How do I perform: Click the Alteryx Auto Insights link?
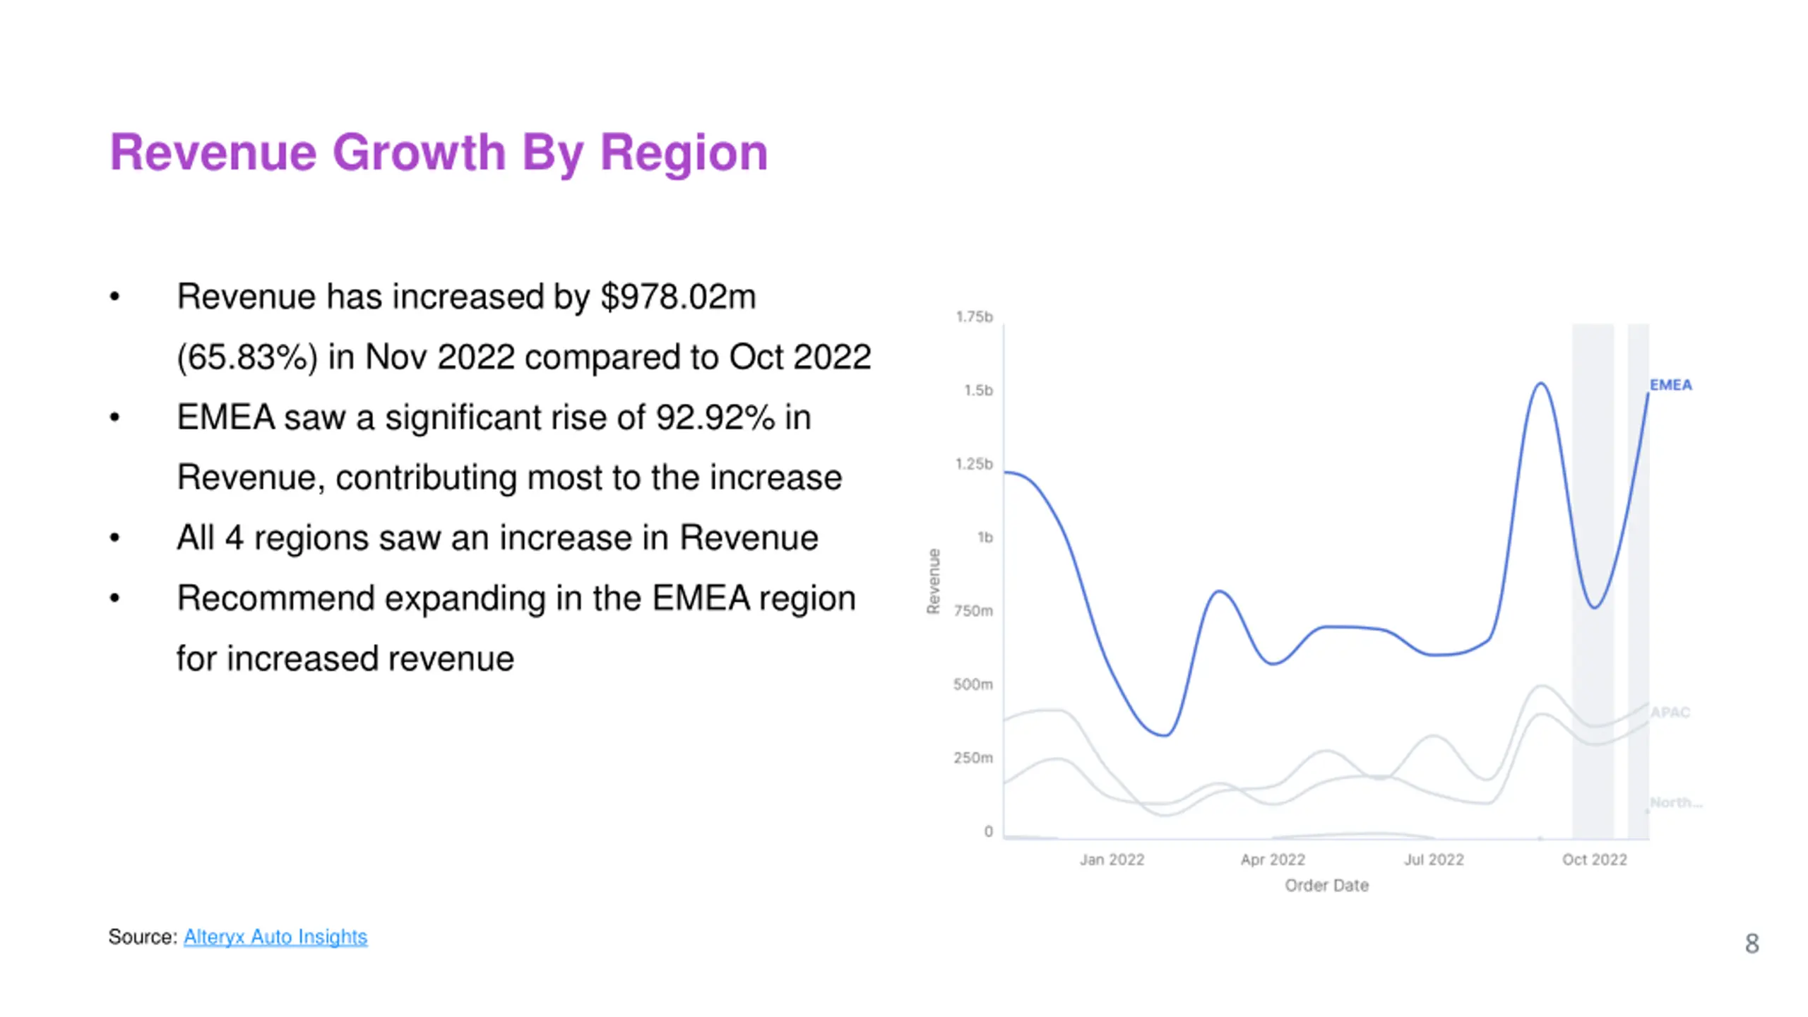275,936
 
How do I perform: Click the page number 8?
1751,944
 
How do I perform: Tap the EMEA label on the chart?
1670,385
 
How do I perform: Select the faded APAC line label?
1670,712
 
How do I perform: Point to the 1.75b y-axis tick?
974,316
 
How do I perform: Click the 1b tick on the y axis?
985,537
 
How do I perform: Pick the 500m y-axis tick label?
973,684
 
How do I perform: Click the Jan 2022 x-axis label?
1112,860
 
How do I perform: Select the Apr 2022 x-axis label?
1273,860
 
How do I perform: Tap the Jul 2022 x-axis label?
1434,860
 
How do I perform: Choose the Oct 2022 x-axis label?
1594,860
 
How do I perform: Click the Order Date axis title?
1326,886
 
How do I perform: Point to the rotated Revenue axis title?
934,581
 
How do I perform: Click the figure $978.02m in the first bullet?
678,297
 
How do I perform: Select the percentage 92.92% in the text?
715,417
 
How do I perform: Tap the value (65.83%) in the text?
247,357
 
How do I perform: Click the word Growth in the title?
419,153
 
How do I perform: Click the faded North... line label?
1676,802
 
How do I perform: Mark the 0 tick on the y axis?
988,832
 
